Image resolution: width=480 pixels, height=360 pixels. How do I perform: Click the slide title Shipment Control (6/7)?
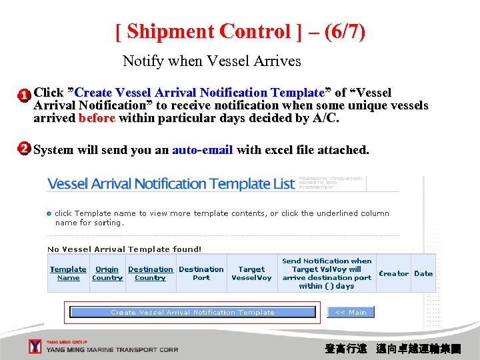point(240,31)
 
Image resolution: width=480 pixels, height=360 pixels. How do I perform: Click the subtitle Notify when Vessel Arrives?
point(211,61)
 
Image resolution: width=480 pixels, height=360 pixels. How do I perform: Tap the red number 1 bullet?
point(23,95)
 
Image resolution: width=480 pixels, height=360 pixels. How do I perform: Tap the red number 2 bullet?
point(23,149)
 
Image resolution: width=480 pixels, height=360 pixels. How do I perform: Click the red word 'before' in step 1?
point(97,119)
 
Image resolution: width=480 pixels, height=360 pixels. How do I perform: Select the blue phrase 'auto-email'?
point(202,150)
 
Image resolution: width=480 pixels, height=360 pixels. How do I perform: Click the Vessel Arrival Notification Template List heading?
point(171,184)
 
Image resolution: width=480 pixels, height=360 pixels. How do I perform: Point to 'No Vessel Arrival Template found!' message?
point(124,249)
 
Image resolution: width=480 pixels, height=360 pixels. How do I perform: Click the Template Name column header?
point(68,273)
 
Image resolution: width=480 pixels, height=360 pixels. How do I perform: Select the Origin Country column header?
point(107,273)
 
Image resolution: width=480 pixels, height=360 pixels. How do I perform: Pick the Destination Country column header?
point(150,273)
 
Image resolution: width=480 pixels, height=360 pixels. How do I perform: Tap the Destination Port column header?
point(201,273)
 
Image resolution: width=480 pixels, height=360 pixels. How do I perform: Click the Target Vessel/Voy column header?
point(251,273)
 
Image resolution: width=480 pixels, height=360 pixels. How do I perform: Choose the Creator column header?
point(393,273)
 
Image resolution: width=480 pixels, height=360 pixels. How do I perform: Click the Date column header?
point(423,273)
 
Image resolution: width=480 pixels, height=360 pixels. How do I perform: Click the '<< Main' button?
point(351,312)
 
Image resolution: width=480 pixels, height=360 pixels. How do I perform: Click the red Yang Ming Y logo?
point(35,346)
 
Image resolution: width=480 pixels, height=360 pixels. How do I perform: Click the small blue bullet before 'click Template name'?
point(49,213)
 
